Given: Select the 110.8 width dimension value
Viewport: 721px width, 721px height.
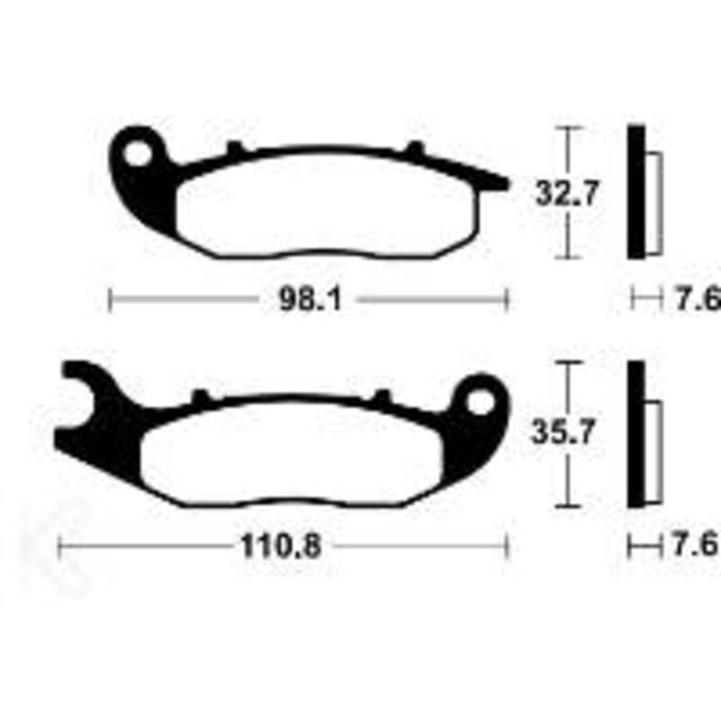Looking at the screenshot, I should coord(280,546).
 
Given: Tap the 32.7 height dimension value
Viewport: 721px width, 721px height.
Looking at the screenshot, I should coord(567,194).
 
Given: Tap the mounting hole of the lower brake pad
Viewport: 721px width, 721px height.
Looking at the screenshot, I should coord(482,402).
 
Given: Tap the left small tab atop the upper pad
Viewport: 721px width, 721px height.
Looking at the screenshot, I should coord(234,148).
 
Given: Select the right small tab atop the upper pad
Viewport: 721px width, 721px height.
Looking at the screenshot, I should coord(414,148).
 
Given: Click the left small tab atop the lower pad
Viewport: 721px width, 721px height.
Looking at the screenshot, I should coord(201,396).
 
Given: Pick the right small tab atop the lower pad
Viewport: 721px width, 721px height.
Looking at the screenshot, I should coord(382,396).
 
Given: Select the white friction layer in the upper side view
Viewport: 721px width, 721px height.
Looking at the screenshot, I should coord(653,203).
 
